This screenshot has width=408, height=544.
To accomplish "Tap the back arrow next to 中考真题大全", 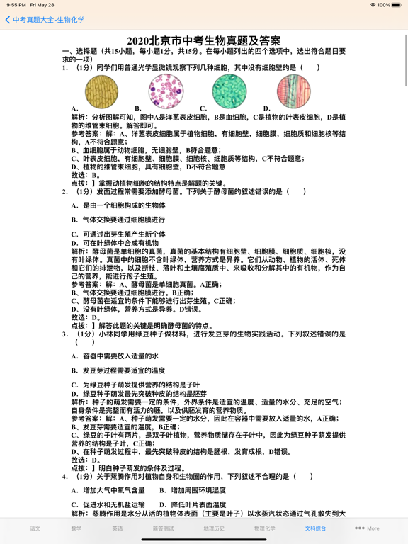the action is [x=8, y=20].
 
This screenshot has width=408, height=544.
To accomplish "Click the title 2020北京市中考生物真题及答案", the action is [x=204, y=41].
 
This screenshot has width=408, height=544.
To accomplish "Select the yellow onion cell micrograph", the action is [x=102, y=91].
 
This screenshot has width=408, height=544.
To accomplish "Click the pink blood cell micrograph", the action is [x=166, y=91].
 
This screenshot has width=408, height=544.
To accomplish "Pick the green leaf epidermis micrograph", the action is [x=229, y=91].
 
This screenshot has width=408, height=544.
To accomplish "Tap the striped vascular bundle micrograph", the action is [x=293, y=91].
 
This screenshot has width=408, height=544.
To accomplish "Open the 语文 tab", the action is [x=35, y=528].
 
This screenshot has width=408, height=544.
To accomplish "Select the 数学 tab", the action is [x=76, y=528].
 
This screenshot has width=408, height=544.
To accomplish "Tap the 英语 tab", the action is [x=117, y=528].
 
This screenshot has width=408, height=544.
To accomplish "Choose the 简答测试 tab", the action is [x=163, y=528].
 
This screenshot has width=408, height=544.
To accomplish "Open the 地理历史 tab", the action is [x=214, y=528].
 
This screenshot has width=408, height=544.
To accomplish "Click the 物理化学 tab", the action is [x=265, y=528].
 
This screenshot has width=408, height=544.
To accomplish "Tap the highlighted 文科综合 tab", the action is [x=316, y=528].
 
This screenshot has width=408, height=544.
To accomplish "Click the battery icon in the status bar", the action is [x=396, y=5].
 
